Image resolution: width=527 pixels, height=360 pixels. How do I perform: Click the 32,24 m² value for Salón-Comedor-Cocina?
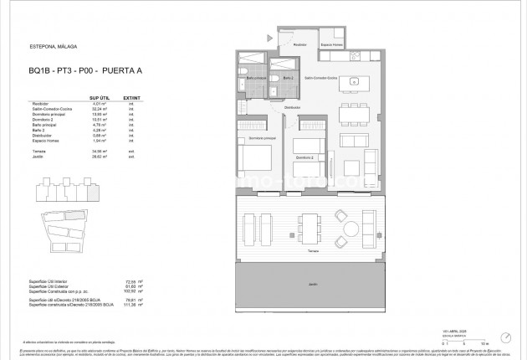100,109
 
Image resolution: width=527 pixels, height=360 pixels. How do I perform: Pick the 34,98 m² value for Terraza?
100,151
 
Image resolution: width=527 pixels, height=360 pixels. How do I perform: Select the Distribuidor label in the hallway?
291,107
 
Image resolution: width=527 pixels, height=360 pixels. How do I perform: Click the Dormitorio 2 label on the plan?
304,157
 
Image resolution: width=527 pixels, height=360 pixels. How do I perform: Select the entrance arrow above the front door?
269,38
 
